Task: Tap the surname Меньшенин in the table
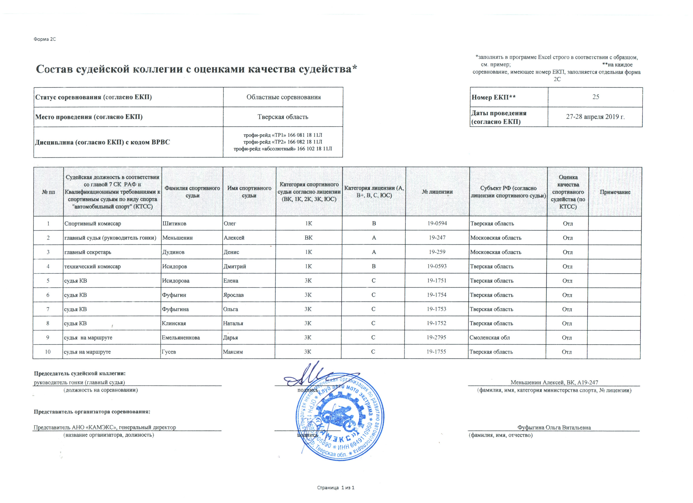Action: point(177,238)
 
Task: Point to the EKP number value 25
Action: point(595,97)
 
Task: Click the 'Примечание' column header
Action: point(615,192)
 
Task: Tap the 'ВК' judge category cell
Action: point(309,238)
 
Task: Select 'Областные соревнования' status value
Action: point(283,97)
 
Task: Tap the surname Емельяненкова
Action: point(181,338)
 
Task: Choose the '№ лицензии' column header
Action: point(437,192)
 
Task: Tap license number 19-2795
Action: point(436,338)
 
